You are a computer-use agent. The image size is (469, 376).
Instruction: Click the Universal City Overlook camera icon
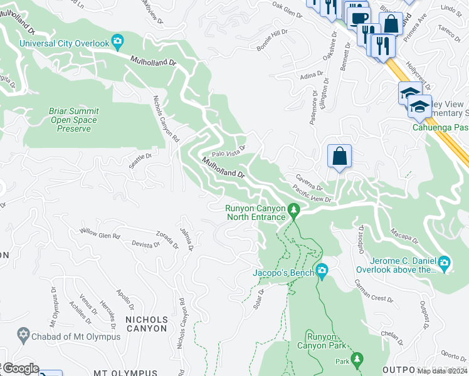pos(117,43)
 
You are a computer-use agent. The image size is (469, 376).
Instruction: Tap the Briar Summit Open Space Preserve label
pos(74,120)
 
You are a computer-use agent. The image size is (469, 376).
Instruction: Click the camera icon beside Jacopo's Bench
pos(322,272)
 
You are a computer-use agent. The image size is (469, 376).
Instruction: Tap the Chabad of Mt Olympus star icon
pos(24,336)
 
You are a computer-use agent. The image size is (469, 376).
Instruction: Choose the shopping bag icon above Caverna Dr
pos(339,156)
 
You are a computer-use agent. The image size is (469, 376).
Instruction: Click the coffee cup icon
pos(359,18)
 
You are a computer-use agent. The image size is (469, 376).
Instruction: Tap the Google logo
pos(20,368)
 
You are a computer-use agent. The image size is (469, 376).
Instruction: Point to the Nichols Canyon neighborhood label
pos(147,323)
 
